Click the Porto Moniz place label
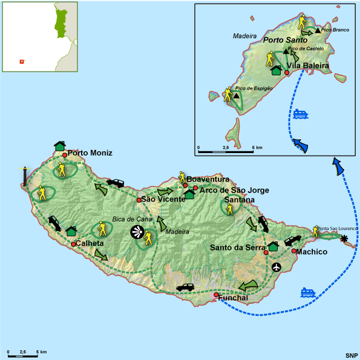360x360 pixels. [x=90, y=154]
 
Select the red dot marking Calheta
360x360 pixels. [x=74, y=244]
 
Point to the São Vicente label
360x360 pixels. [x=162, y=200]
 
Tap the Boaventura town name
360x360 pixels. [x=208, y=180]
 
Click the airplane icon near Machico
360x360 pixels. [x=277, y=267]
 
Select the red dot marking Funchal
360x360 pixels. [x=216, y=295]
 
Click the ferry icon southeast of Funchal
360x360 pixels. [x=309, y=292]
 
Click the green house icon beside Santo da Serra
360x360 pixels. [x=273, y=246]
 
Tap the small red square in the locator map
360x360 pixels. [x=22, y=61]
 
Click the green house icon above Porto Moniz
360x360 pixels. [x=59, y=145]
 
